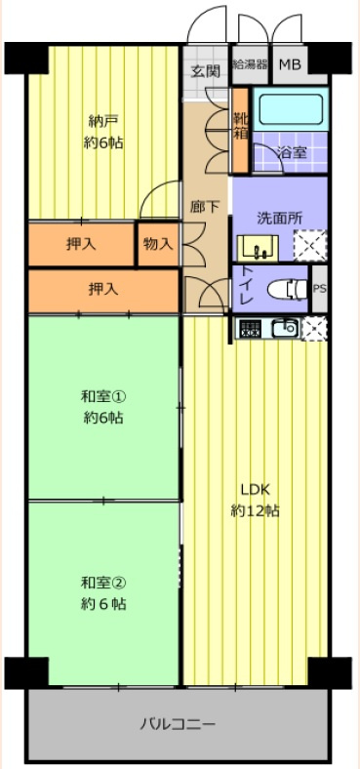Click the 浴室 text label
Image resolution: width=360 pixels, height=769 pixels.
tap(290, 153)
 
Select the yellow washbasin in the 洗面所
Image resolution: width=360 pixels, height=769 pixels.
tap(259, 247)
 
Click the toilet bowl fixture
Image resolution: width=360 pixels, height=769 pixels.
tap(285, 288)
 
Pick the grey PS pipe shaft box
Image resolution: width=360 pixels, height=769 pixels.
tap(319, 289)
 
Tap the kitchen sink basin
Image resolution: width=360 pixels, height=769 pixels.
tap(285, 329)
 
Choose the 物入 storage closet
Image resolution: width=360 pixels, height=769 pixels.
tap(157, 244)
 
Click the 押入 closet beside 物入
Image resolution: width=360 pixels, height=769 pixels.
tap(81, 244)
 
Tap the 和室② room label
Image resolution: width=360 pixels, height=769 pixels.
tap(103, 593)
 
